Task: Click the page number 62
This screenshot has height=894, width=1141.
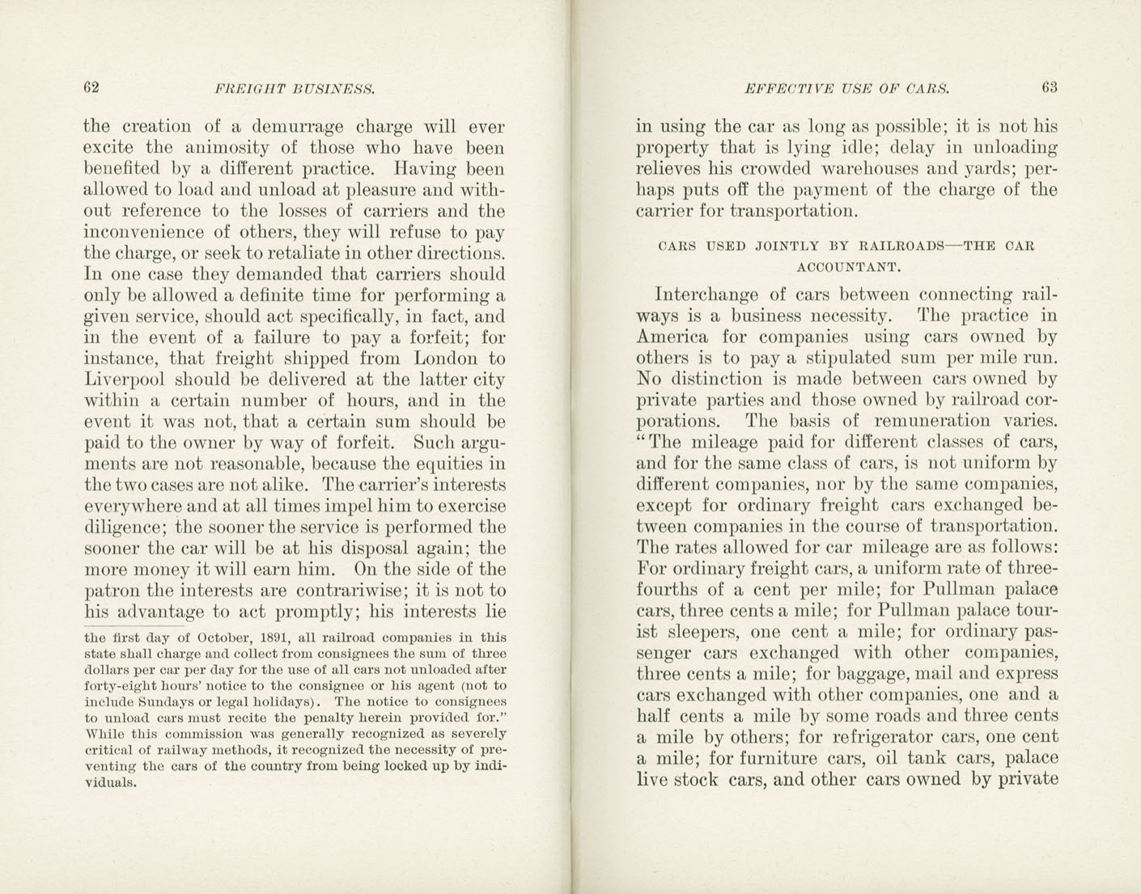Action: [x=91, y=87]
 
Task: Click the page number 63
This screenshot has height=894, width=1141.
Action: [x=1050, y=87]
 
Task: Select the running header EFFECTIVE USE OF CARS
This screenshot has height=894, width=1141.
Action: [x=846, y=88]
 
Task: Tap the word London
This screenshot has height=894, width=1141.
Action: [x=447, y=358]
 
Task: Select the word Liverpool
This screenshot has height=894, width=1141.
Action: [x=125, y=379]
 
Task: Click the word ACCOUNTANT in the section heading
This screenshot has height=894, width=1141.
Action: [x=845, y=266]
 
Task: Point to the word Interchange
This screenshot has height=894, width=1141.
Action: [x=706, y=294]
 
